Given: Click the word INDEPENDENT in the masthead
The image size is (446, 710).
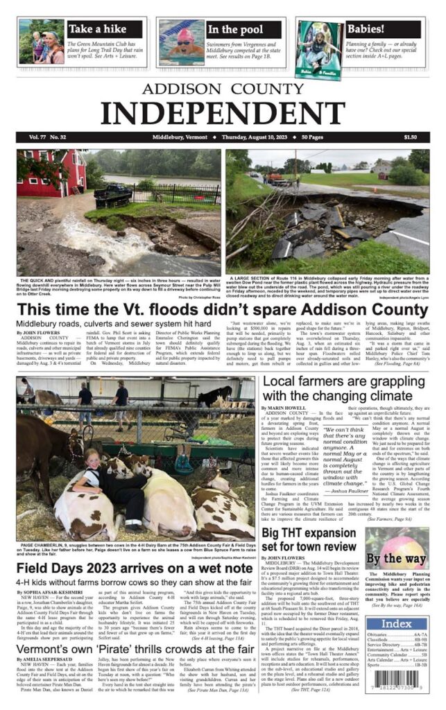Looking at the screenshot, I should click(x=223, y=110).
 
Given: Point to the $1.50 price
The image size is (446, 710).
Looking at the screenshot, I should click(x=411, y=137).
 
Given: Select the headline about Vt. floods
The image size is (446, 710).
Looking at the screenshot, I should click(x=223, y=309).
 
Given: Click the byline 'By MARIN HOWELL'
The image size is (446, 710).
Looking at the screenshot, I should click(x=284, y=408).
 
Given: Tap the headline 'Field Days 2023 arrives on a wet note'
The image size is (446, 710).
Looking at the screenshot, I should click(x=134, y=569).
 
